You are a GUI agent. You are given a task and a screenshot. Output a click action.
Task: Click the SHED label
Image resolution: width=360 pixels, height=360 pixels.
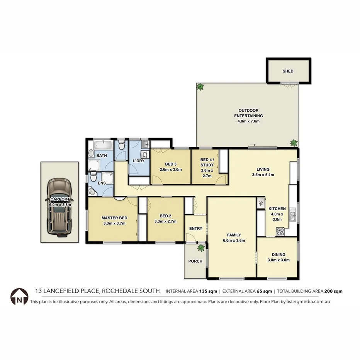tap(288, 71)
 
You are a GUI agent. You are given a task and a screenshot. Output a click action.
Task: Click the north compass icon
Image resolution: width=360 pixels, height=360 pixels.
tap(19, 296)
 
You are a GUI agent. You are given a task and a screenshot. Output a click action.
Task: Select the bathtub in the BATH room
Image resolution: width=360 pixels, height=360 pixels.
tap(102, 146)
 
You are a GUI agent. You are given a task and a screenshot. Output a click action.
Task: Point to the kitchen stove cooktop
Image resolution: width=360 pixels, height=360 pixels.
tap(280, 232)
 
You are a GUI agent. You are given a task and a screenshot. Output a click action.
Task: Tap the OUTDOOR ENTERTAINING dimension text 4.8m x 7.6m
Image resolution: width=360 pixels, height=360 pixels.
tap(248, 121)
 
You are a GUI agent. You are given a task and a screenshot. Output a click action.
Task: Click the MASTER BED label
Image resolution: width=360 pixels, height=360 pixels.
tap(112, 217)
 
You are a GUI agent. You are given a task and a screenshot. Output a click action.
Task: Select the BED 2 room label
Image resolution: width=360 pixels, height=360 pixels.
tap(165, 216)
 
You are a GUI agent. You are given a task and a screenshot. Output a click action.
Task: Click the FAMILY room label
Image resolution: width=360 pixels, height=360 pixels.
tap(234, 235)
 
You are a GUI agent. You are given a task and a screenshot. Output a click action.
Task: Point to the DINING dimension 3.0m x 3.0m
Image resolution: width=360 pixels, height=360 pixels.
tap(278, 260)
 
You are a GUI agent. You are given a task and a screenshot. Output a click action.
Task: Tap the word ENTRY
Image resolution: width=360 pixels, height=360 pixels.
tap(195, 228)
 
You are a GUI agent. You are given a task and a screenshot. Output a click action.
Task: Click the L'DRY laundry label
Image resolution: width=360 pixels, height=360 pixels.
tap(138, 161)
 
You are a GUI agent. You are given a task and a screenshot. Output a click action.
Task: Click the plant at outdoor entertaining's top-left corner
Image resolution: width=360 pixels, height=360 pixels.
tap(200, 87)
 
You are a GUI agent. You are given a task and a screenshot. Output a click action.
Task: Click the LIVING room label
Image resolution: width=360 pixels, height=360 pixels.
tap(263, 169)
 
